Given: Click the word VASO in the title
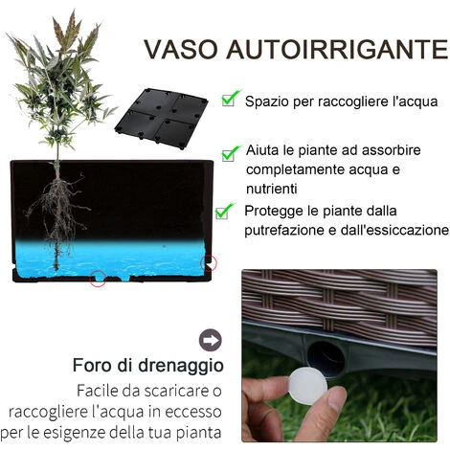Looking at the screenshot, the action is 181,49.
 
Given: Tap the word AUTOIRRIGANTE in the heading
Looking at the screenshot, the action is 337,49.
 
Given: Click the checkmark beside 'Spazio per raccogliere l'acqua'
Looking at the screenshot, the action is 231,98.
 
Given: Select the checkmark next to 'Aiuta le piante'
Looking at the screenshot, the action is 231,153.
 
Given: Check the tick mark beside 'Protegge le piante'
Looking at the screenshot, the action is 225,212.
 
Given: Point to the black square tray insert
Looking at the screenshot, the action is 161,119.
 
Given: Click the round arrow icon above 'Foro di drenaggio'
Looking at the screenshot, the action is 211,340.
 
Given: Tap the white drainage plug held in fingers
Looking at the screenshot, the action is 308,386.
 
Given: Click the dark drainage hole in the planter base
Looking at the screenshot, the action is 326,358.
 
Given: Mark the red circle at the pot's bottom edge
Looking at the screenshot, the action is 98,279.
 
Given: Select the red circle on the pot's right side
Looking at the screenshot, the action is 209,263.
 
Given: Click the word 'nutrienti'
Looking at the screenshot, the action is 272,189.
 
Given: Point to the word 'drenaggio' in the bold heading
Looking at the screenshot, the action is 180,366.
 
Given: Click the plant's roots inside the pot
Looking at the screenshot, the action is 59,208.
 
